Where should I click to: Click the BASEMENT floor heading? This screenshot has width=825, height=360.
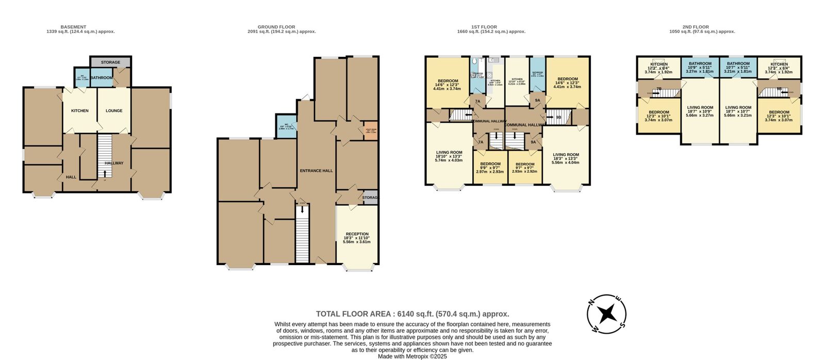73,27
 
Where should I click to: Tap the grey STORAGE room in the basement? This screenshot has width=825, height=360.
110,62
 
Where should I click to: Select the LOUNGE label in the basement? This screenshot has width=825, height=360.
114,110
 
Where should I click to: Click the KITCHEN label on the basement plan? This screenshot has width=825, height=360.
79,110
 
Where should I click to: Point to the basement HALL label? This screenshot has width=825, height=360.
71,177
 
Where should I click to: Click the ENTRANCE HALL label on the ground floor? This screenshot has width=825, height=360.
316,170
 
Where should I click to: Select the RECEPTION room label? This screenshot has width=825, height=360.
357,234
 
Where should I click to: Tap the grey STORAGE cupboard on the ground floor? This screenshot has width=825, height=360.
370,198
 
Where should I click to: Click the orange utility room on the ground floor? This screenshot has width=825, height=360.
371,130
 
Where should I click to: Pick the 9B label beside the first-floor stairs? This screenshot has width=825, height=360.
558,118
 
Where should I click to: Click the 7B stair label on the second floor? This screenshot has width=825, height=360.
659,89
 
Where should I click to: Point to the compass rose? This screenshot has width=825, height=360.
607,314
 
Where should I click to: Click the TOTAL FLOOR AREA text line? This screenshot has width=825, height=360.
412,314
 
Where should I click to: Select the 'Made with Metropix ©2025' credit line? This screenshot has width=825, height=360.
412,356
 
